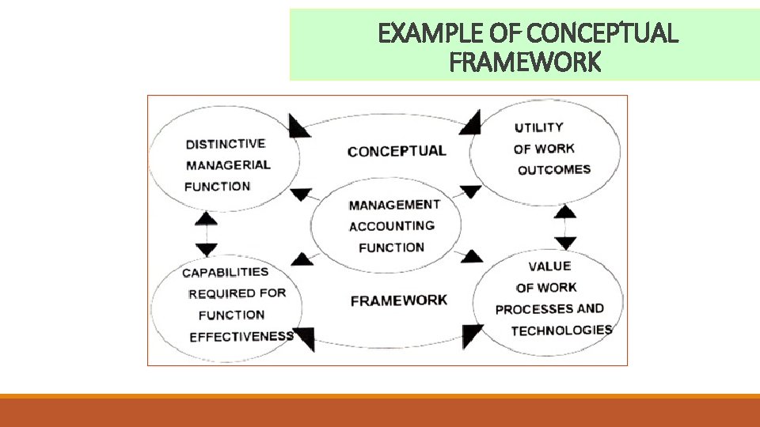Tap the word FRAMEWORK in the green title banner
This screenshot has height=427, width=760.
(524, 62)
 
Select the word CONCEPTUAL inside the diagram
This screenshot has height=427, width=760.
(397, 151)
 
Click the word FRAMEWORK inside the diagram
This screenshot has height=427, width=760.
(398, 300)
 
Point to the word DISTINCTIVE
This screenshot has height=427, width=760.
(226, 144)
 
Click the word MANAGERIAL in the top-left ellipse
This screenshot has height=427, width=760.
(228, 165)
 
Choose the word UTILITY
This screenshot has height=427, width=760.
(538, 127)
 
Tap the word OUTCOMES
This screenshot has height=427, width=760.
(554, 169)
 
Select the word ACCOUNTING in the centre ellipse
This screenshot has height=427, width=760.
(392, 226)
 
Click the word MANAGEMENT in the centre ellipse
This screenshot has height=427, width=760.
(394, 205)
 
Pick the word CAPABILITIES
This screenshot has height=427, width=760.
(226, 273)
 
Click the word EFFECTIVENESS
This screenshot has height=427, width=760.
(241, 336)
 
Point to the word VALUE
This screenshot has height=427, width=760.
(549, 266)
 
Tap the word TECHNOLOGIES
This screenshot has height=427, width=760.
(561, 330)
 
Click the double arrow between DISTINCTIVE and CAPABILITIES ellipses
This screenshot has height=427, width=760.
(206, 232)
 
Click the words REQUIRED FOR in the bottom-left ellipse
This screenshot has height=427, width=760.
(237, 293)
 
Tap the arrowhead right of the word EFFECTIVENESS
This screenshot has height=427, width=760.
(303, 338)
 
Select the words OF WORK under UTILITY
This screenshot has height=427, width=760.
(544, 149)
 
